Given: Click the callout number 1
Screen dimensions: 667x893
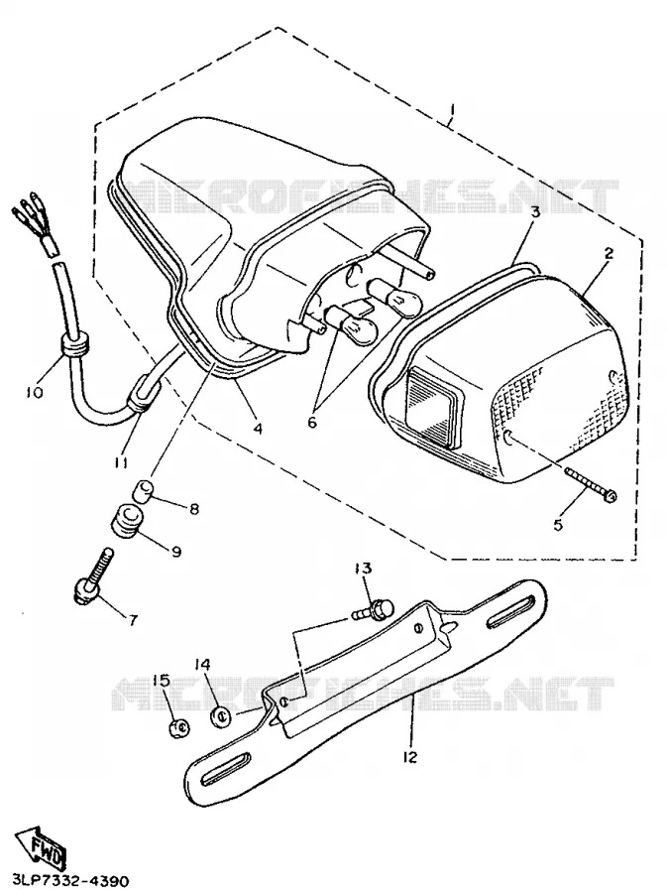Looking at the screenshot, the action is pyautogui.click(x=452, y=109).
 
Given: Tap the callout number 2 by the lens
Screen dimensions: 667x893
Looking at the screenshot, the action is pyautogui.click(x=609, y=252).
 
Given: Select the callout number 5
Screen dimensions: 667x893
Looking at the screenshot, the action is pyautogui.click(x=558, y=524).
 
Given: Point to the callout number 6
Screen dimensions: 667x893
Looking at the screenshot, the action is pyautogui.click(x=311, y=422).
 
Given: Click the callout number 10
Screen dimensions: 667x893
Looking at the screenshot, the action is pyautogui.click(x=34, y=392).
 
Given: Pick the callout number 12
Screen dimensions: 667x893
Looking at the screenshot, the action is pyautogui.click(x=409, y=756).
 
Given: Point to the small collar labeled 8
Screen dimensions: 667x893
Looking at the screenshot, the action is pyautogui.click(x=144, y=490).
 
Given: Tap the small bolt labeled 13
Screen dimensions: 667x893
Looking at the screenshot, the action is pyautogui.click(x=371, y=610).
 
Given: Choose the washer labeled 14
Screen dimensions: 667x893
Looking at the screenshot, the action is pyautogui.click(x=221, y=714).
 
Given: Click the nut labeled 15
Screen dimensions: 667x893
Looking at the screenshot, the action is pyautogui.click(x=180, y=727).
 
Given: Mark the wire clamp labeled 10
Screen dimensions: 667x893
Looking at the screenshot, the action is pyautogui.click(x=74, y=345).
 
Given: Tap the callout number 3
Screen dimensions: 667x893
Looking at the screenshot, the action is pyautogui.click(x=534, y=212).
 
